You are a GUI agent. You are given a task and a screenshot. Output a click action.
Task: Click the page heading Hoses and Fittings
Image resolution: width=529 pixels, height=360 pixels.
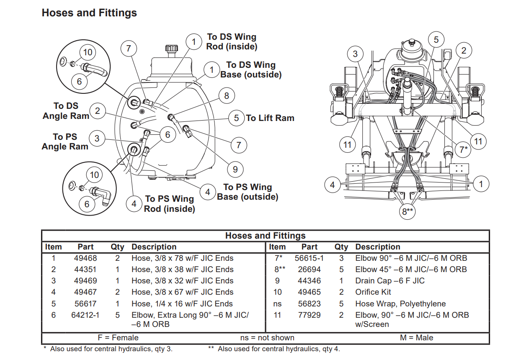(x=89, y=13)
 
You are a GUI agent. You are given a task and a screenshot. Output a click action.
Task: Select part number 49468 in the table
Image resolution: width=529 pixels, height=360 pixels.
(x=85, y=258)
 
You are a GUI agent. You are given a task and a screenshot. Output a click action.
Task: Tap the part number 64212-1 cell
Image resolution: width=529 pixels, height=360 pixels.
(x=85, y=315)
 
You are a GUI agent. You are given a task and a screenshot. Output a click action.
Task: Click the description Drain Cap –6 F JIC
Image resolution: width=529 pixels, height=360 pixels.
(x=390, y=281)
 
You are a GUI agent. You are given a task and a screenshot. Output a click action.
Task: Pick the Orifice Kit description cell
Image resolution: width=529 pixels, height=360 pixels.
(x=373, y=292)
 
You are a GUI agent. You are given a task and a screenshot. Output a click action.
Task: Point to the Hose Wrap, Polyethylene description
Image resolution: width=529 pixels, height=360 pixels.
(x=400, y=303)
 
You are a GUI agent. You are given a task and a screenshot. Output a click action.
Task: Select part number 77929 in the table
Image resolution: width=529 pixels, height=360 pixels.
(x=309, y=315)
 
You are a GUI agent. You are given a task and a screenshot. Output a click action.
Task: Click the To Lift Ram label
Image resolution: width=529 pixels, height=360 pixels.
(x=270, y=118)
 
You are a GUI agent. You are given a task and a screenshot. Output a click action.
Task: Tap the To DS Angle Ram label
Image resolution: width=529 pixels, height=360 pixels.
(x=66, y=111)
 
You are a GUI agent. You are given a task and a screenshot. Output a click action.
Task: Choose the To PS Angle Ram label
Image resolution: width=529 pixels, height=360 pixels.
(x=65, y=141)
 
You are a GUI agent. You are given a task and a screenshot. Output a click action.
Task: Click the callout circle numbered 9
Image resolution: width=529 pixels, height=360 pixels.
(x=235, y=169)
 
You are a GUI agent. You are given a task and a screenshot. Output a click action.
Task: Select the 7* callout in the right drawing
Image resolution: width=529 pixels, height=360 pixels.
(x=463, y=149)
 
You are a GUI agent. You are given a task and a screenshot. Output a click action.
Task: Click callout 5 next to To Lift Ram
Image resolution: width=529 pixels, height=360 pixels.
(x=236, y=118)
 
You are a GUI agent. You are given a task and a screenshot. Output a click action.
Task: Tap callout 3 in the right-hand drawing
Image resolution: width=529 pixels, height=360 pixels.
(x=355, y=54)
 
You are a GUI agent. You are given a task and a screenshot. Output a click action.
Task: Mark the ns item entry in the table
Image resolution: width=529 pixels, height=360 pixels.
(x=277, y=303)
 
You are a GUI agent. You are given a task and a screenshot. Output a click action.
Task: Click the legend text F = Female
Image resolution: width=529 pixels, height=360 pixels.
(x=118, y=337)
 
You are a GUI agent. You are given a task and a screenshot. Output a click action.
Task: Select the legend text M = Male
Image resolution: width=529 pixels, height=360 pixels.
(x=416, y=337)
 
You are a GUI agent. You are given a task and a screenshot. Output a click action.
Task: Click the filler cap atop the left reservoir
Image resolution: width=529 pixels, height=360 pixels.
(x=171, y=48)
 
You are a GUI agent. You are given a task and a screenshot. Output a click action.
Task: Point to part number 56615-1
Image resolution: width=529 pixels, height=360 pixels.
(x=309, y=258)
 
